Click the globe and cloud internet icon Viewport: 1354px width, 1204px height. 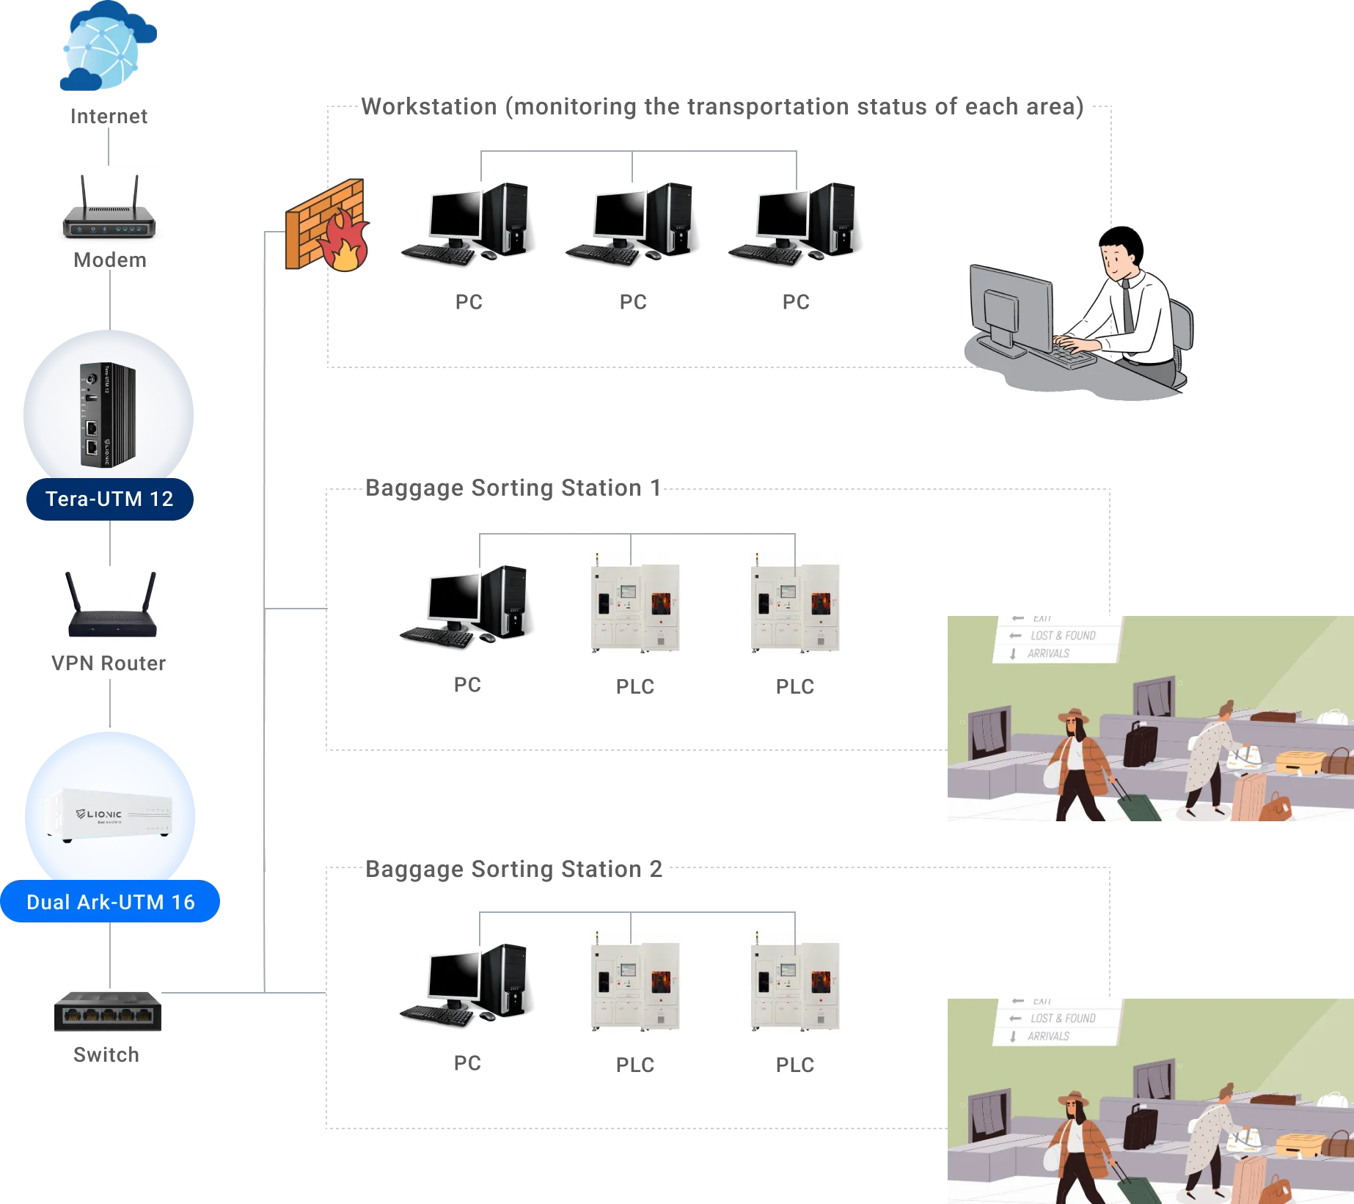[109, 48]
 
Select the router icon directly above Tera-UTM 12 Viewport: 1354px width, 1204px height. [109, 206]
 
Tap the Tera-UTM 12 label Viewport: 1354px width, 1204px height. [109, 499]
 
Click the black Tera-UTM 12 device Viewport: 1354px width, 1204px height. [107, 415]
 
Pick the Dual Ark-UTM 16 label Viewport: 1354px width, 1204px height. [111, 902]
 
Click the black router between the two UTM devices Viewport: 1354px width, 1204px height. [111, 604]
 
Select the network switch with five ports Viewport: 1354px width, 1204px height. [109, 1012]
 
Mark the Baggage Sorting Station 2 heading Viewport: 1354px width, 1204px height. [513, 870]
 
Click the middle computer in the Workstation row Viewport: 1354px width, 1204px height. [628, 223]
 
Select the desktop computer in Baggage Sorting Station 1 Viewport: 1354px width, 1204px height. [464, 606]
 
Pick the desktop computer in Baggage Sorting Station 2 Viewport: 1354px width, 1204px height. [464, 981]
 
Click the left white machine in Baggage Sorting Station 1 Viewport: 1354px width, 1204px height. [634, 604]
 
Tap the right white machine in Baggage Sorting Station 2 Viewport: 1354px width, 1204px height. [795, 980]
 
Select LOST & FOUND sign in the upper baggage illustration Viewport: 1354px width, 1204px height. [1062, 636]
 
